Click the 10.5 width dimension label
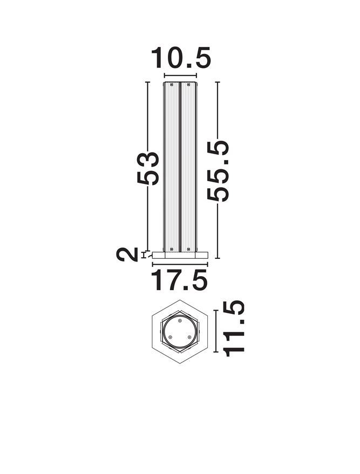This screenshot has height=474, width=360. pyautogui.click(x=180, y=58)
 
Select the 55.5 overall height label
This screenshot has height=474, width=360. pyautogui.click(x=219, y=170)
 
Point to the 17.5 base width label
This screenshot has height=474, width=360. pyautogui.click(x=180, y=281)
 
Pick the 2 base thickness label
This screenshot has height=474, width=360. pyautogui.click(x=128, y=254)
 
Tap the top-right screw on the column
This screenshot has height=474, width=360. pyautogui.click(x=188, y=85)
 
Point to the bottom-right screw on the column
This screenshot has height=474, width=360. pyautogui.click(x=188, y=249)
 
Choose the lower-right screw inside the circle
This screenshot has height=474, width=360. pyautogui.click(x=189, y=337)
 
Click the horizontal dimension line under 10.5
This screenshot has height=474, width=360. pyautogui.click(x=180, y=75)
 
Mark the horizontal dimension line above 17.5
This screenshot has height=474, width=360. pyautogui.click(x=180, y=264)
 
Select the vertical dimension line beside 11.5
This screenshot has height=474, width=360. pyautogui.click(x=216, y=331)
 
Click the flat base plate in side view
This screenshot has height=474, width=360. pyautogui.click(x=180, y=255)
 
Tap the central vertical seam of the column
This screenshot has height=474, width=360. pyautogui.click(x=180, y=167)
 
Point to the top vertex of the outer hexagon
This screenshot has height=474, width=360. pyautogui.click(x=180, y=299)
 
